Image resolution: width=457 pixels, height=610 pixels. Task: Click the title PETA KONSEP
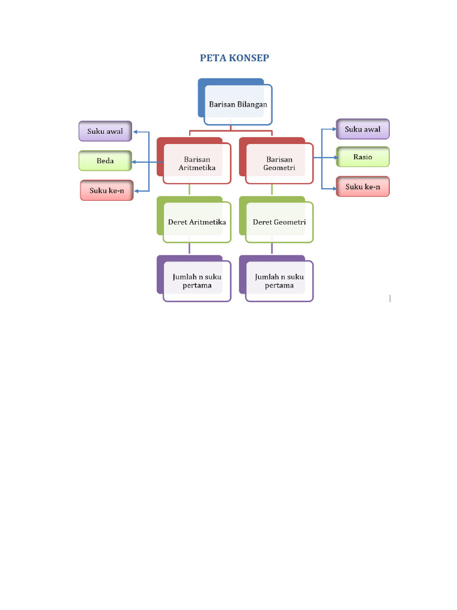point(234,58)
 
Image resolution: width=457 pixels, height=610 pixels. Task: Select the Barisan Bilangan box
point(237,104)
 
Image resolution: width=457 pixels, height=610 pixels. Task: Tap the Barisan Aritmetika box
point(196,163)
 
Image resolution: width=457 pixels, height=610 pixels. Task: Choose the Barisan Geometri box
point(279,163)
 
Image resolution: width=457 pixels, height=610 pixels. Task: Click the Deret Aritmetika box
point(197,222)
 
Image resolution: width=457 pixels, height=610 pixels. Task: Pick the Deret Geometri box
point(279,222)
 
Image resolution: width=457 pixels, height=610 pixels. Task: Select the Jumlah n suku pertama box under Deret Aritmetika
point(197,281)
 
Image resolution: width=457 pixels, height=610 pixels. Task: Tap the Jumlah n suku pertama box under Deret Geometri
point(279,281)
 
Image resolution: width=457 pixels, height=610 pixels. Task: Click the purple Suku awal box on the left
point(105,131)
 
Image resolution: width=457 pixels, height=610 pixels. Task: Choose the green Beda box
point(105,161)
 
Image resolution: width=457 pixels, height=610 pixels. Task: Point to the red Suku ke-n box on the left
point(107,191)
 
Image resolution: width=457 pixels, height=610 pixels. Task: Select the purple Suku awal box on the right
point(362,129)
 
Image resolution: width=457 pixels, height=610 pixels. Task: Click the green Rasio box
point(362,157)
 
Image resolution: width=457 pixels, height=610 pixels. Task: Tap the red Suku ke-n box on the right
point(362,187)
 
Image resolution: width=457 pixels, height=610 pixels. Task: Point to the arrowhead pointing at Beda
point(135,161)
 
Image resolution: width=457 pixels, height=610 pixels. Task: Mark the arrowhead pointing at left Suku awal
point(135,132)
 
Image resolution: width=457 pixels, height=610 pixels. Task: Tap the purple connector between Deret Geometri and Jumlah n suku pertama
point(272,248)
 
